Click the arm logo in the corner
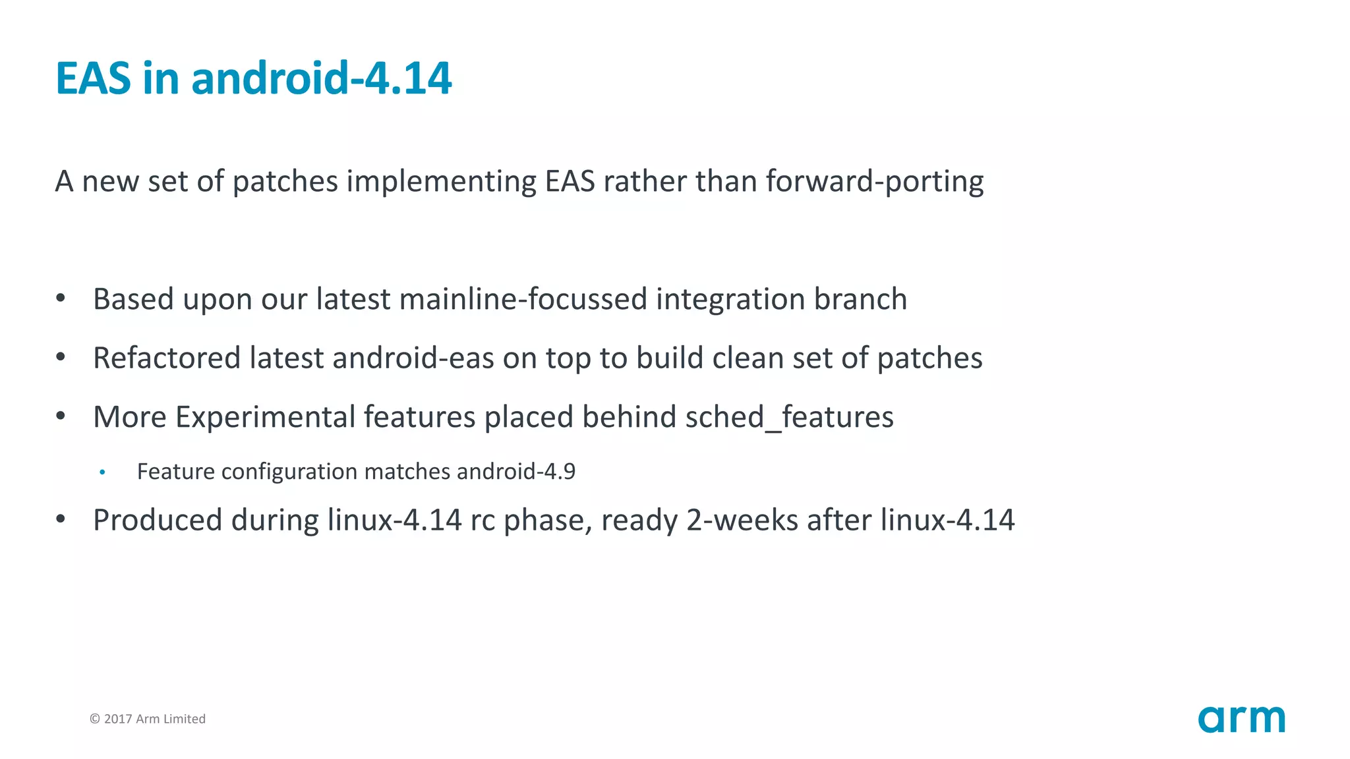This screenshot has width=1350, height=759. pos(1241,719)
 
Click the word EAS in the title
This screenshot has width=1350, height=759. pos(93,78)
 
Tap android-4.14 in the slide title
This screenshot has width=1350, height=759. pos(322,78)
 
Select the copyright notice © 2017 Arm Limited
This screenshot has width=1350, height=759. pos(148,719)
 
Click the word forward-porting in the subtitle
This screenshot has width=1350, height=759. pos(875,181)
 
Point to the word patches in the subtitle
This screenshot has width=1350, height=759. pos(285,181)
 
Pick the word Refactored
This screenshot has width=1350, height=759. pos(167,358)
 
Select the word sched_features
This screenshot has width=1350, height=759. pos(789,417)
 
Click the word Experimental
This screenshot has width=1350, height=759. pos(265,417)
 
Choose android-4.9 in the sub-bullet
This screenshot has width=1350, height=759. pos(516,472)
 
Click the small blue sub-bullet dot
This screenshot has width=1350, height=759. pos(102,472)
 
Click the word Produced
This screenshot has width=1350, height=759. pos(158,520)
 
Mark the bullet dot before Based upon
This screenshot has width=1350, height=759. pos(61,298)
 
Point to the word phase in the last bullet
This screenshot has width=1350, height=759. pos(548,520)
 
